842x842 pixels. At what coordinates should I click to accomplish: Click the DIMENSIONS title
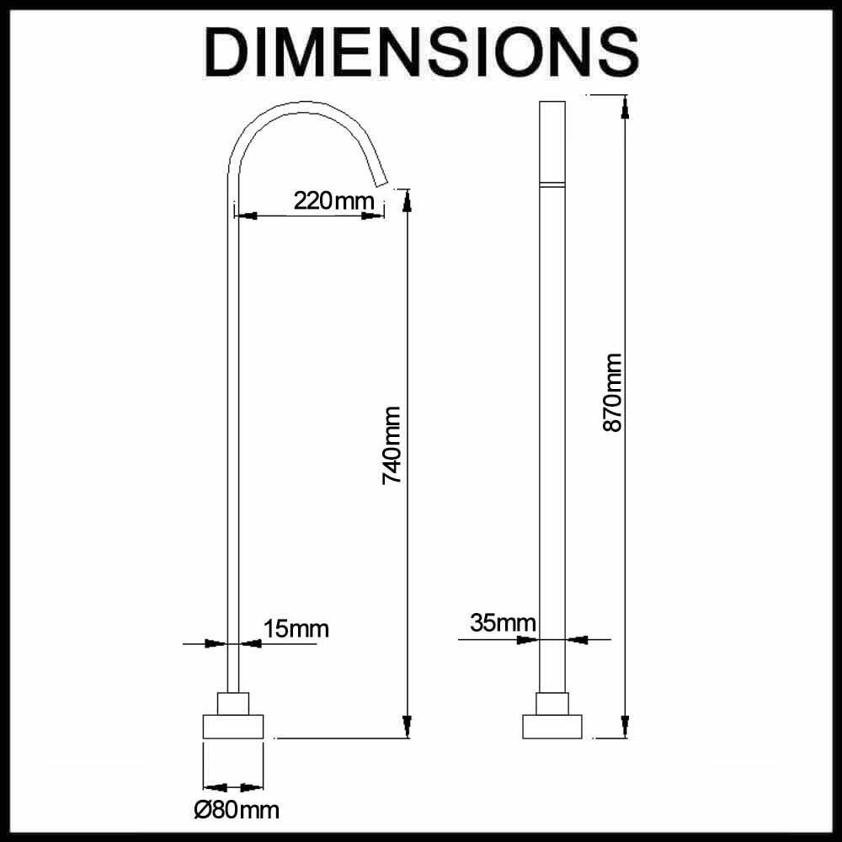click(422, 52)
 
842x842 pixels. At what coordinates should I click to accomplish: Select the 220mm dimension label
click(333, 201)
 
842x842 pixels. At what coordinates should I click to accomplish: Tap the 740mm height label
click(392, 445)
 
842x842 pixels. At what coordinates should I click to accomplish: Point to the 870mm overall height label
click(612, 392)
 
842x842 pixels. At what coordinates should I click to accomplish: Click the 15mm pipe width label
click(296, 628)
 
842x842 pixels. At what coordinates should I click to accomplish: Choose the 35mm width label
click(503, 623)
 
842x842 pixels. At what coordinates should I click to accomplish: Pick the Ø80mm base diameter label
click(237, 810)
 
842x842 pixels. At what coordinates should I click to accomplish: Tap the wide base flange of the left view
click(233, 727)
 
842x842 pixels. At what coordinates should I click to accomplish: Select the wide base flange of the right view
click(552, 727)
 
